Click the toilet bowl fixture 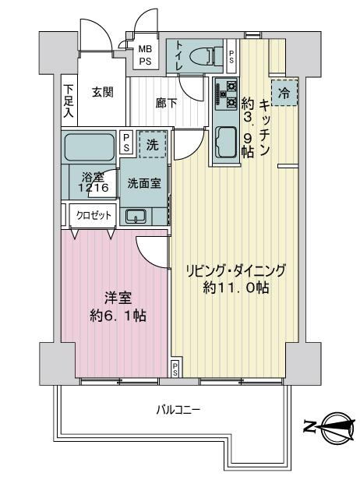coord(206,56)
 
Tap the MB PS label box coord(146,55)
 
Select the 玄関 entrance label coord(103,92)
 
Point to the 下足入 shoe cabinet coord(69,101)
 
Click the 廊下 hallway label coord(166,103)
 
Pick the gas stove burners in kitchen coord(227,94)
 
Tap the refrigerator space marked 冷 coord(284,93)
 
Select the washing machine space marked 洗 coord(153,144)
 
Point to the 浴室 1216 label coord(93,182)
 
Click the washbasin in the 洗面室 coord(136,216)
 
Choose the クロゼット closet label coord(94,216)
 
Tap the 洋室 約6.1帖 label coord(118,307)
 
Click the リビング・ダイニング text coord(236,270)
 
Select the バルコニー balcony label coord(178,409)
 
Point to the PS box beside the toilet coord(231,56)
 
